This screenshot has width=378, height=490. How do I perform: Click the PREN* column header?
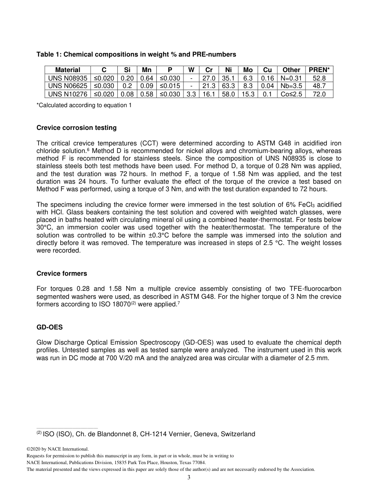(319, 70)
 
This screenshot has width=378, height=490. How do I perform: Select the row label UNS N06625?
(68, 86)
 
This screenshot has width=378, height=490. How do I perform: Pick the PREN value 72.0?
(319, 94)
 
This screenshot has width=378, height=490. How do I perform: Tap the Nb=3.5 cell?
(291, 86)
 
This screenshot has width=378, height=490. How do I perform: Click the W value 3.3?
(191, 94)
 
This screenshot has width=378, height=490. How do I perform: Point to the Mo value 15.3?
(248, 94)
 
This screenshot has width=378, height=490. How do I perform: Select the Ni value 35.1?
(228, 78)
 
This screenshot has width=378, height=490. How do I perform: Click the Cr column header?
(209, 70)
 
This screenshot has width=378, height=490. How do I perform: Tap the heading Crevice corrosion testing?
(76, 128)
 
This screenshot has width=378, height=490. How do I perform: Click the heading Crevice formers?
(62, 274)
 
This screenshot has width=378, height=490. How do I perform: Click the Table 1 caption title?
(136, 54)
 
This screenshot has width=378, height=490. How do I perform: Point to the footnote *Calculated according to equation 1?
(84, 105)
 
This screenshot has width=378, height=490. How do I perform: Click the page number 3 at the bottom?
(189, 478)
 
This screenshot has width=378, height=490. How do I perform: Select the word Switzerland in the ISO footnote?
(238, 434)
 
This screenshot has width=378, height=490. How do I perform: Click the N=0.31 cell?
(291, 78)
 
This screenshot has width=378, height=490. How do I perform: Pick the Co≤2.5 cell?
(291, 94)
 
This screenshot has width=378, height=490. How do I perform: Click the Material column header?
(68, 70)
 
